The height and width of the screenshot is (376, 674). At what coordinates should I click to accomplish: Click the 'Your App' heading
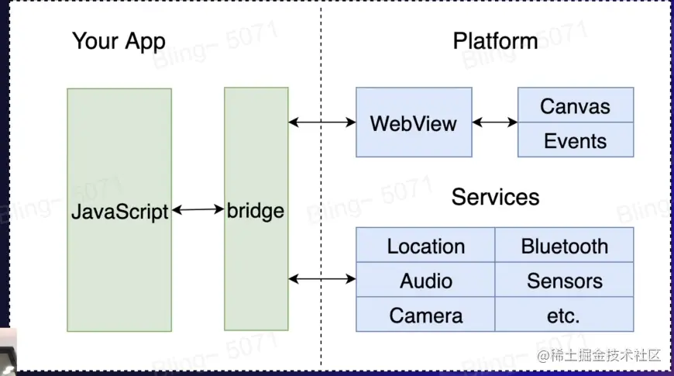119,41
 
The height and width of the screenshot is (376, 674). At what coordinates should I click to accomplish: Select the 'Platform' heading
495,41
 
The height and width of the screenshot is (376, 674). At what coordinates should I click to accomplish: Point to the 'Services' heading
495,197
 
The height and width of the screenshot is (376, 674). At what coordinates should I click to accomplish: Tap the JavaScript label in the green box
119,211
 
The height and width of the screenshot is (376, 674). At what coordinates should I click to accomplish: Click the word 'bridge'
256,210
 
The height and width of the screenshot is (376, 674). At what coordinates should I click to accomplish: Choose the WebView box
414,122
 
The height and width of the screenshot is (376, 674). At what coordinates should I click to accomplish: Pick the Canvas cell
575,106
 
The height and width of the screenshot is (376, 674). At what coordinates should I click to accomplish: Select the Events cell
575,140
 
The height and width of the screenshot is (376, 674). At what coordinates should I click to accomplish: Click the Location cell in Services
425,247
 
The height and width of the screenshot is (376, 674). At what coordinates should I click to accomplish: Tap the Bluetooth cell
564,247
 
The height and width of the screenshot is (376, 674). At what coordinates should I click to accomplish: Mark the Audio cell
425,281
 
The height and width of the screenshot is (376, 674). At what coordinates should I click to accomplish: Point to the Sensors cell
564,281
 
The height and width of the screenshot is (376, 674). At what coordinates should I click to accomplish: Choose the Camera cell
425,316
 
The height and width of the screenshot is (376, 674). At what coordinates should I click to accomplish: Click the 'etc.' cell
564,316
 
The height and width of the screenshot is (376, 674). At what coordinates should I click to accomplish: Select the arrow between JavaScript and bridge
198,209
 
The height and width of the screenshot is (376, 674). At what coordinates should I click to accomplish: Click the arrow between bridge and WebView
322,122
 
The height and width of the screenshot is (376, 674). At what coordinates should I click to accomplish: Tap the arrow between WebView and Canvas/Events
494,122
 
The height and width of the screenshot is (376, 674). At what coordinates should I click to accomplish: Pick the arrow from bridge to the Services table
322,278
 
